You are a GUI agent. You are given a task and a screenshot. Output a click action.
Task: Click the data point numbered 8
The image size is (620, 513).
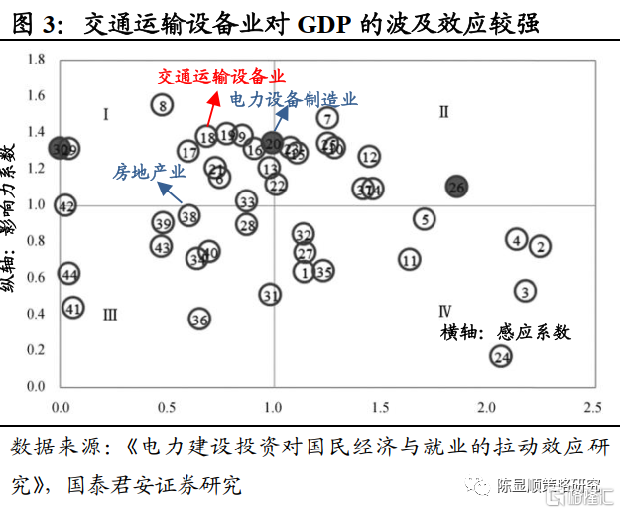pyautogui.click(x=163, y=104)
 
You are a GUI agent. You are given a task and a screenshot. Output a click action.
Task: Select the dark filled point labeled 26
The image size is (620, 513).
pyautogui.click(x=456, y=187)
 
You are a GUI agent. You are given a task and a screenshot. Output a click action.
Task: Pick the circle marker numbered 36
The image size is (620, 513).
pyautogui.click(x=199, y=319)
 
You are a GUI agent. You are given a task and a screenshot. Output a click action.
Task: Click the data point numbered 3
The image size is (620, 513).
pyautogui.click(x=424, y=219)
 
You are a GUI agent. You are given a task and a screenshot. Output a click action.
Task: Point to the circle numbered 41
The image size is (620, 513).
pyautogui.click(x=72, y=308)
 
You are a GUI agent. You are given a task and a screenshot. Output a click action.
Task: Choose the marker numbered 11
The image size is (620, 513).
pyautogui.click(x=410, y=259)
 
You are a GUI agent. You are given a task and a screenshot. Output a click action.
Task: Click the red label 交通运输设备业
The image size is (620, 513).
pyautogui.click(x=221, y=76)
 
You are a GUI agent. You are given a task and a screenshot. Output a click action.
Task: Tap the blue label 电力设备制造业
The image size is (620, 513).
pyautogui.click(x=294, y=100)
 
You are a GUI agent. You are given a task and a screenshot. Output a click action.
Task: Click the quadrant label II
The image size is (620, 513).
pyautogui.click(x=444, y=112)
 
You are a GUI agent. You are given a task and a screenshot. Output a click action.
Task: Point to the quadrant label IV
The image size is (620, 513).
pyautogui.click(x=445, y=310)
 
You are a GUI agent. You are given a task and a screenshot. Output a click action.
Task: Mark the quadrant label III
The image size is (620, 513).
pyautogui.click(x=110, y=315)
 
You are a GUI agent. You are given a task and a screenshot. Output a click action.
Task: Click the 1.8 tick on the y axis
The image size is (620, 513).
pyautogui.click(x=36, y=61)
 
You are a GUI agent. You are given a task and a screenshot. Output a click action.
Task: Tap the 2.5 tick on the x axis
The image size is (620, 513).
pyautogui.click(x=593, y=407)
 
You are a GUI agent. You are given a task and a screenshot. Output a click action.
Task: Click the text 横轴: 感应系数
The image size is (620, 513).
pyautogui.click(x=506, y=333)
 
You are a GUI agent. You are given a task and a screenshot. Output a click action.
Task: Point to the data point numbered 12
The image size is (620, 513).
pyautogui.click(x=369, y=157)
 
